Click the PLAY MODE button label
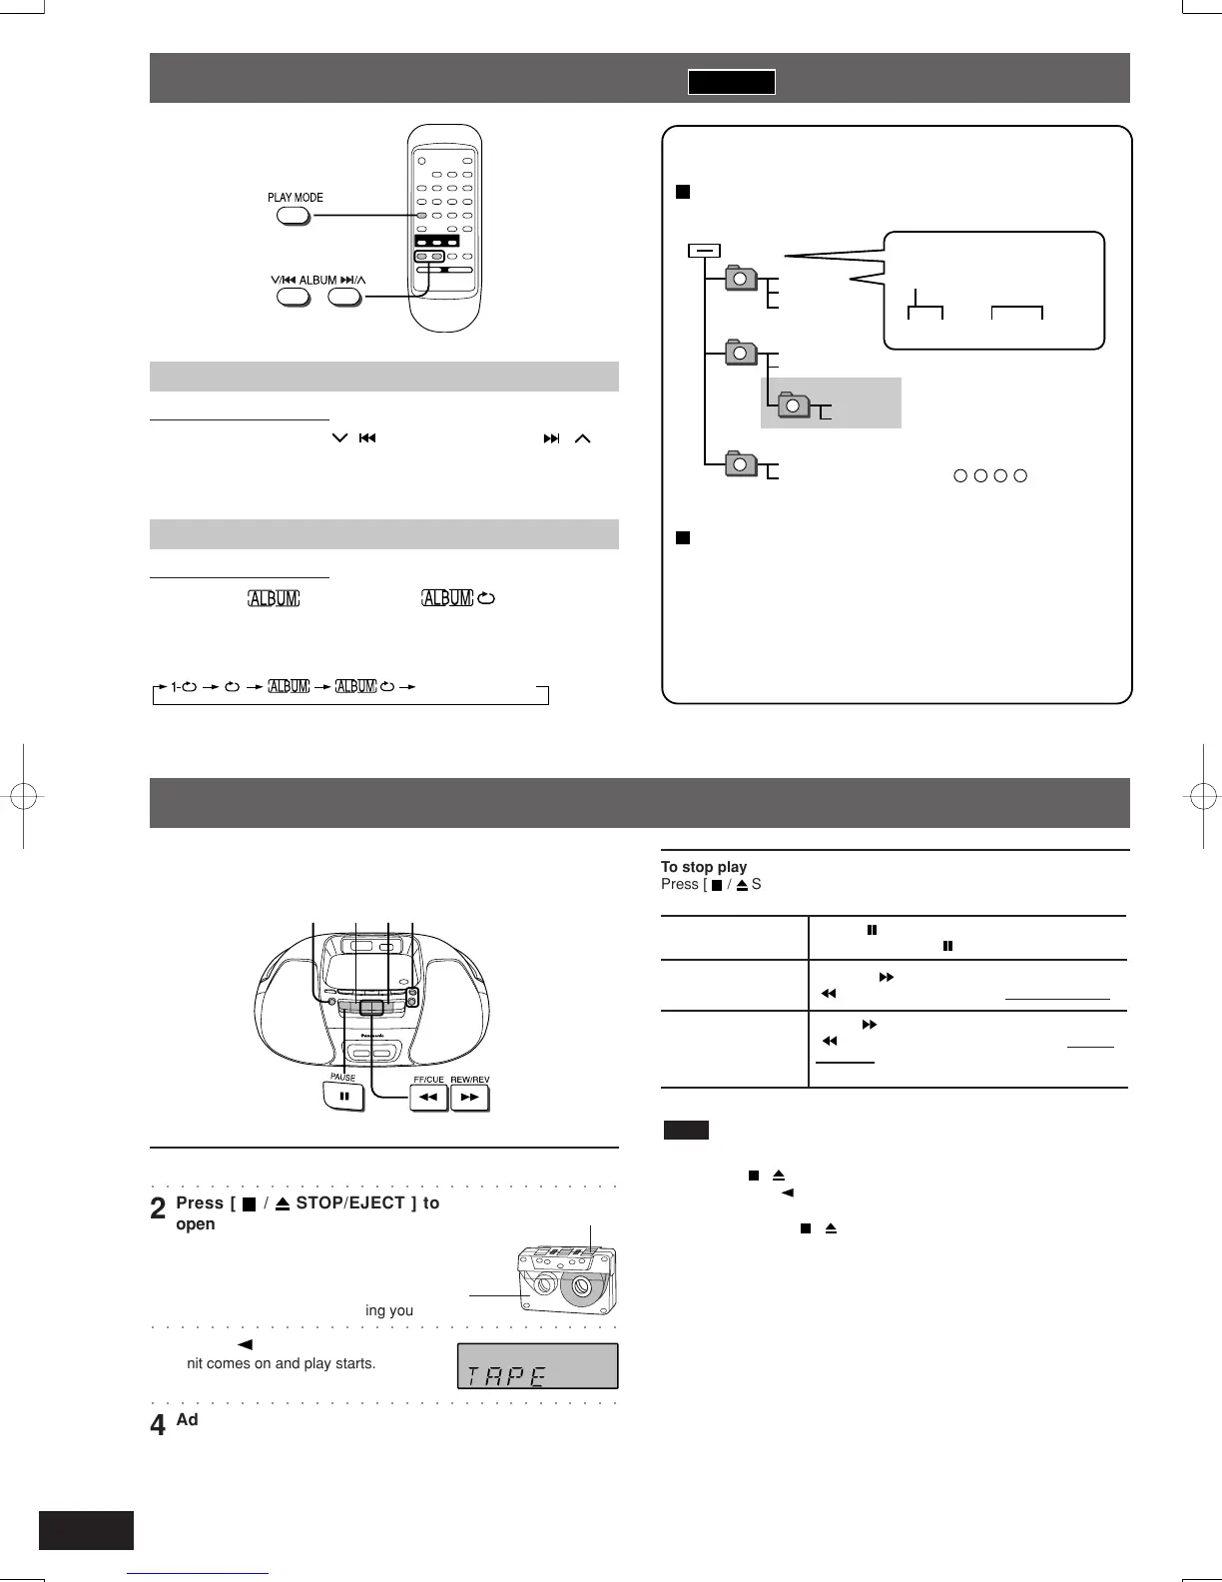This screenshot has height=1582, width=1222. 295,197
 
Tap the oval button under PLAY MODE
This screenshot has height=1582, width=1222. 294,215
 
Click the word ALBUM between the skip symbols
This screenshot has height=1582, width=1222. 317,280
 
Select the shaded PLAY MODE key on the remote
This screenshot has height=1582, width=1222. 422,216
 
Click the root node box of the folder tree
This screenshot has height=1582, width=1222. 704,251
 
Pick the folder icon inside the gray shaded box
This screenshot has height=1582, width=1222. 793,404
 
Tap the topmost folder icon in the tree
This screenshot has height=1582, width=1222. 741,278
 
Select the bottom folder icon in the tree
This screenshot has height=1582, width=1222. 741,463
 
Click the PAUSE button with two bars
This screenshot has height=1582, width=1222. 343,1097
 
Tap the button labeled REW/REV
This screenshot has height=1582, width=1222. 469,1097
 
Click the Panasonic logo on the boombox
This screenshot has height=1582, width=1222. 372,1036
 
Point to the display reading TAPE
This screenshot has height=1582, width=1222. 537,1366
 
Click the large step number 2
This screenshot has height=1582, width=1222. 158,1210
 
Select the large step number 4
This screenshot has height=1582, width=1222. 158,1425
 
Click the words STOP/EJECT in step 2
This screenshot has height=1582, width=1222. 350,1202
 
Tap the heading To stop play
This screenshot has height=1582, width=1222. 704,867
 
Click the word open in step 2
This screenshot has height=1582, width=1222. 196,1224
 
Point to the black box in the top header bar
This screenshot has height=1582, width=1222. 731,82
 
